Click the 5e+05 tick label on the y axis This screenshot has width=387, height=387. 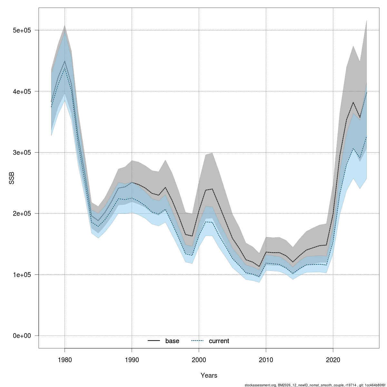click(x=21, y=30)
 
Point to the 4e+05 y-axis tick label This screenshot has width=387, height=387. click(x=21, y=91)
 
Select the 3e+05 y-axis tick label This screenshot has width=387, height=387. click(x=21, y=153)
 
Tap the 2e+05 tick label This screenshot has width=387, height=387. click(x=21, y=213)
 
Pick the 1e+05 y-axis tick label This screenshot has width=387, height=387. click(x=21, y=275)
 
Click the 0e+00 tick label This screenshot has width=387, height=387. click(x=21, y=336)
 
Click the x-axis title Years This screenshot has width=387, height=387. click(x=209, y=375)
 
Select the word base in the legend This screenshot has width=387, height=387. click(x=172, y=341)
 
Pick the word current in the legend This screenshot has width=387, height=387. click(x=219, y=341)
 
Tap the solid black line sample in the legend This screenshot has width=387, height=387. click(x=154, y=341)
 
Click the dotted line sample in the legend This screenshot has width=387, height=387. click(x=197, y=341)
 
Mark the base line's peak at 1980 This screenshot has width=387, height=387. click(x=64, y=61)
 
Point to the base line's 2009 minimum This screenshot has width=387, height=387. click(x=259, y=267)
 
